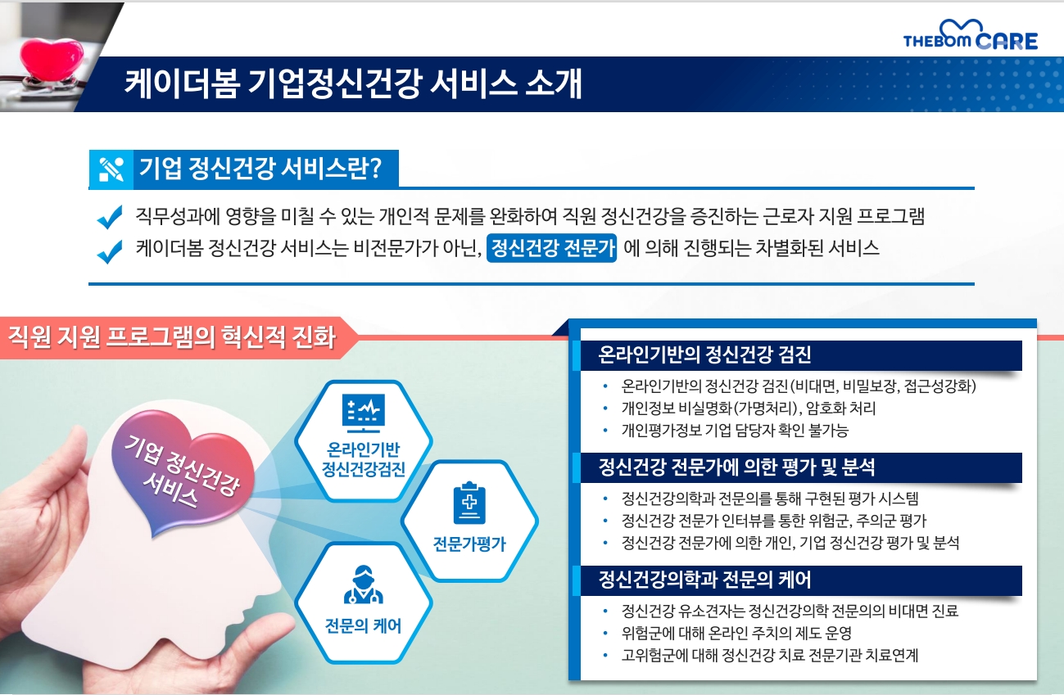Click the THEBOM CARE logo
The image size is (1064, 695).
tap(971, 35)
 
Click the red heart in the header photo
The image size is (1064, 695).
tap(52, 57)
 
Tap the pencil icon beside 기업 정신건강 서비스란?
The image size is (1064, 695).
tap(111, 169)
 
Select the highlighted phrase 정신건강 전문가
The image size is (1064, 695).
tap(552, 247)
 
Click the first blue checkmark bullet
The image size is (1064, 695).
tap(110, 217)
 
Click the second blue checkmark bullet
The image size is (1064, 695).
tap(110, 251)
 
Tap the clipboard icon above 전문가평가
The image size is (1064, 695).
tap(469, 503)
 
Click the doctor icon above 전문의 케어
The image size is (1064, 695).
tap(364, 584)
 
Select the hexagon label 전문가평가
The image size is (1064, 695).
tap(469, 544)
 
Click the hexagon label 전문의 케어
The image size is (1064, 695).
tap(364, 625)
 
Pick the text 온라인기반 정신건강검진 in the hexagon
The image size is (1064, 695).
tap(364, 459)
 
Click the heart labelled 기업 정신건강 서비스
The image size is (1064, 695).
tap(183, 471)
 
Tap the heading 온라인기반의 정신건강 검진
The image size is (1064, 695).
tap(704, 354)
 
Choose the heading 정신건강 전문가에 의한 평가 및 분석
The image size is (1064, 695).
tap(736, 467)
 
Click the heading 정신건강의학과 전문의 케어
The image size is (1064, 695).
tap(704, 580)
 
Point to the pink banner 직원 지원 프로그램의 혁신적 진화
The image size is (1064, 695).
tap(172, 337)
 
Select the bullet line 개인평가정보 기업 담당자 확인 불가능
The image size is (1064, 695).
tap(735, 431)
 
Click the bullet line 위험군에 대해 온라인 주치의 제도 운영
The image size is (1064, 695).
tap(736, 633)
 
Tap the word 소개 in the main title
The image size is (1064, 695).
tap(554, 84)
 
